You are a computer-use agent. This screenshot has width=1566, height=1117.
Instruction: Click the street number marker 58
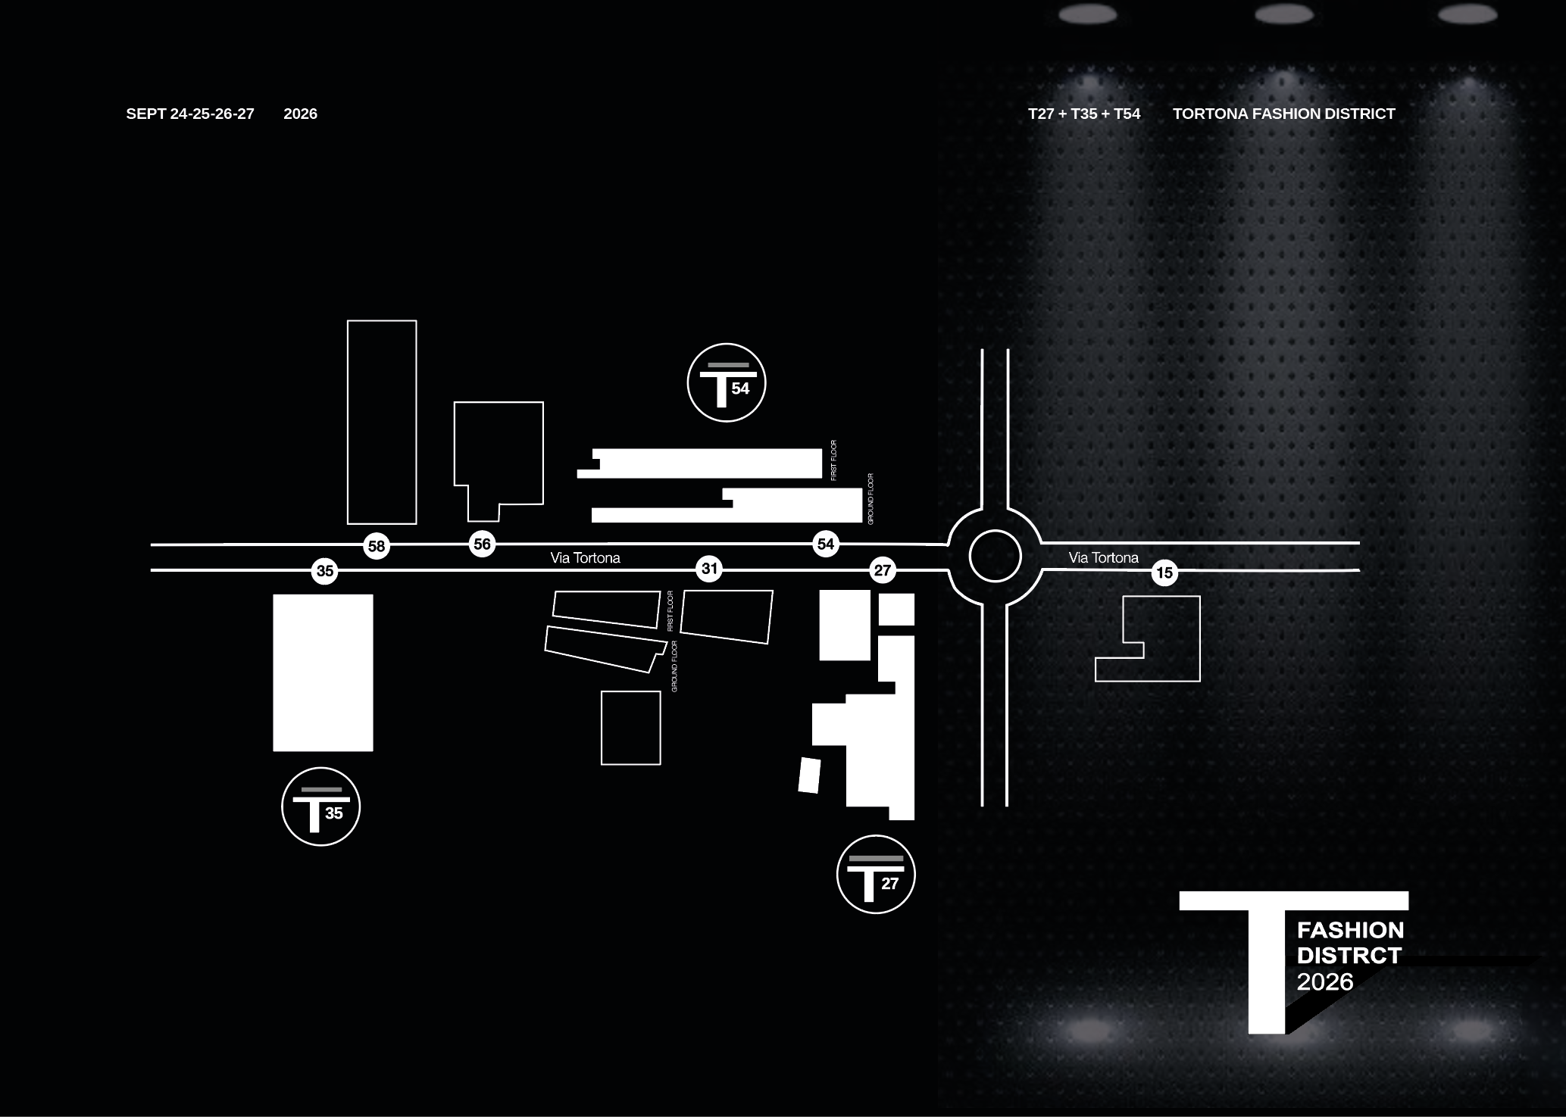(x=377, y=545)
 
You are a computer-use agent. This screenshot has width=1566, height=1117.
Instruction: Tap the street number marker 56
(x=482, y=543)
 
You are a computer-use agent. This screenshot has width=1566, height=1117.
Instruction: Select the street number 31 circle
(x=709, y=569)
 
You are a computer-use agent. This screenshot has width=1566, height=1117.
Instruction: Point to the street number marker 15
(x=1164, y=573)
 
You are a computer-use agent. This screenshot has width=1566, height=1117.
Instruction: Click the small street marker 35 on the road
(x=325, y=571)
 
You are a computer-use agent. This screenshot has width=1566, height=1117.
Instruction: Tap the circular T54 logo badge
(x=727, y=382)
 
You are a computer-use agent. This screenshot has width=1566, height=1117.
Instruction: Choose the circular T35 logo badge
(x=320, y=807)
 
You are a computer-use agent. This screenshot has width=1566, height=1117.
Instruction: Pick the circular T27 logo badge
(x=876, y=874)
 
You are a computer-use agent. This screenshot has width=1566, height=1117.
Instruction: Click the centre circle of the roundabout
(x=995, y=556)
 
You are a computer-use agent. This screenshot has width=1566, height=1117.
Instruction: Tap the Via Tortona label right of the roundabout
(x=1103, y=558)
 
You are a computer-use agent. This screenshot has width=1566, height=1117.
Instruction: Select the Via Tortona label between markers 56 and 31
(x=585, y=558)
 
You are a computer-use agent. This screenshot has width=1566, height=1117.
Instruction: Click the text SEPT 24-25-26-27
(x=190, y=114)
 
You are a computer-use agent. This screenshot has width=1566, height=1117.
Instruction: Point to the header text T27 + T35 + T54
(x=1083, y=114)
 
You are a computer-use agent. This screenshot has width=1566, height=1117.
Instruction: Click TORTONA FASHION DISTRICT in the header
(x=1283, y=114)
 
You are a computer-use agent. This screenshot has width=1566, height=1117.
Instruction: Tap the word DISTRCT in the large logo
(x=1349, y=956)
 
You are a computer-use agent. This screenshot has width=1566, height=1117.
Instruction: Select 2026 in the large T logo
(x=1324, y=982)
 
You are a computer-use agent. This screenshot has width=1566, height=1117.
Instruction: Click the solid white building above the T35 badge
(x=323, y=672)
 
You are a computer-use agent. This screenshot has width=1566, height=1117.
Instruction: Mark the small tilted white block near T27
(x=809, y=775)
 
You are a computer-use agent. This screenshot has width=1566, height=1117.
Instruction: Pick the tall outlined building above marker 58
(x=382, y=422)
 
